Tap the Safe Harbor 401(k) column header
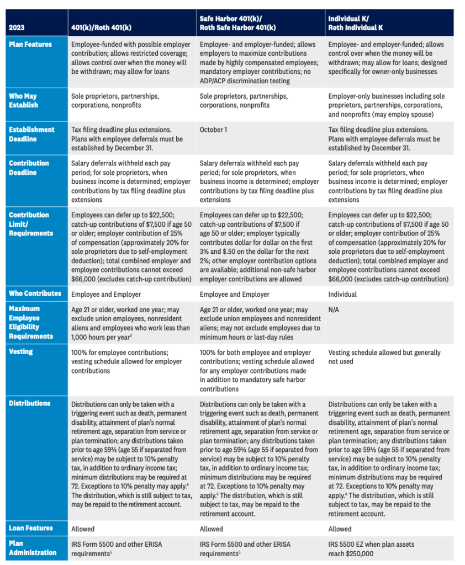pos(237,23)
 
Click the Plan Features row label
pos(30,45)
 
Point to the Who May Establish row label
pos(23,100)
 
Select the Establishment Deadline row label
pos(31,134)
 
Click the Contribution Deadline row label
pos(29,168)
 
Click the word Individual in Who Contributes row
pos(342,294)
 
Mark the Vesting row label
pos(21,351)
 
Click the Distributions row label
pos(30,403)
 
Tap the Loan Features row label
pos(31,528)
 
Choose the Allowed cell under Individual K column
pos(340,529)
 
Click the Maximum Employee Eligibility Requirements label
pos(31,322)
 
